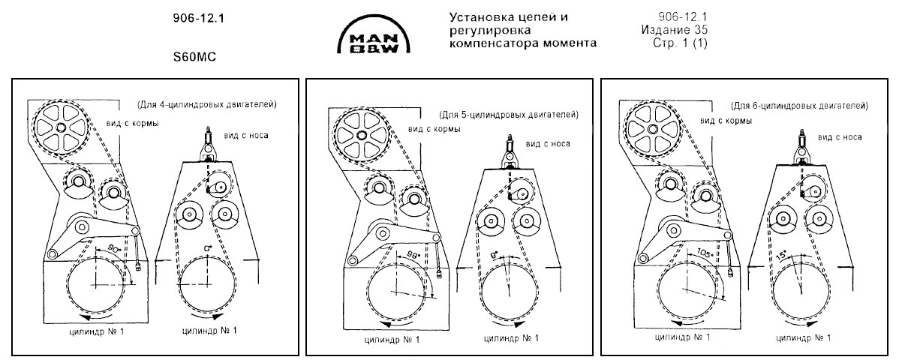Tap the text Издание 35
675,30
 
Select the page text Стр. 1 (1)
681,43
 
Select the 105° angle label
704,252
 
